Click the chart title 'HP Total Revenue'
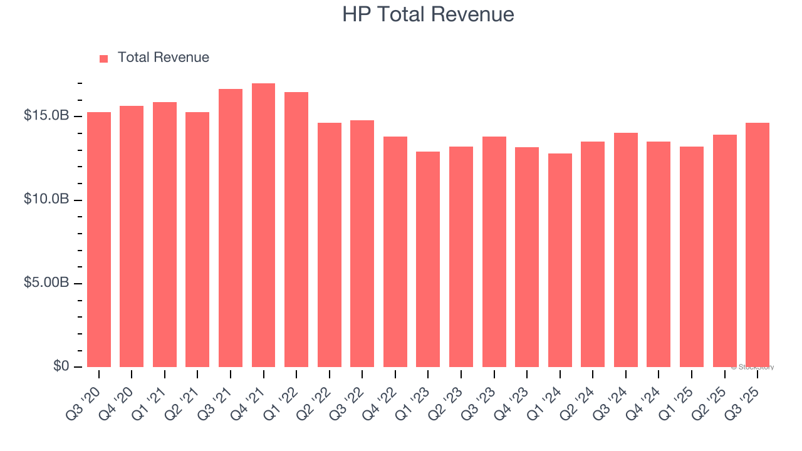pyautogui.click(x=428, y=14)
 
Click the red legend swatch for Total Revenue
pyautogui.click(x=104, y=58)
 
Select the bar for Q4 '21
pyautogui.click(x=263, y=225)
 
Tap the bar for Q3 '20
pyautogui.click(x=99, y=240)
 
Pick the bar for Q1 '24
pyautogui.click(x=560, y=260)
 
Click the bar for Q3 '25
pyautogui.click(x=758, y=245)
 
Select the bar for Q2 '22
pyautogui.click(x=329, y=245)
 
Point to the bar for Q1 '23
pyautogui.click(x=428, y=259)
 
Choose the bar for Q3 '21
pyautogui.click(x=231, y=228)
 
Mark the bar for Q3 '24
pyautogui.click(x=625, y=250)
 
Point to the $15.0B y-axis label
pyautogui.click(x=46, y=117)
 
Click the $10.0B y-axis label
pyautogui.click(x=46, y=200)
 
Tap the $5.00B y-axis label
pyautogui.click(x=46, y=283)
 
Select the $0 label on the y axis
pyautogui.click(x=60, y=366)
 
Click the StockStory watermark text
pyautogui.click(x=753, y=367)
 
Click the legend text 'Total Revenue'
pyautogui.click(x=163, y=58)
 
